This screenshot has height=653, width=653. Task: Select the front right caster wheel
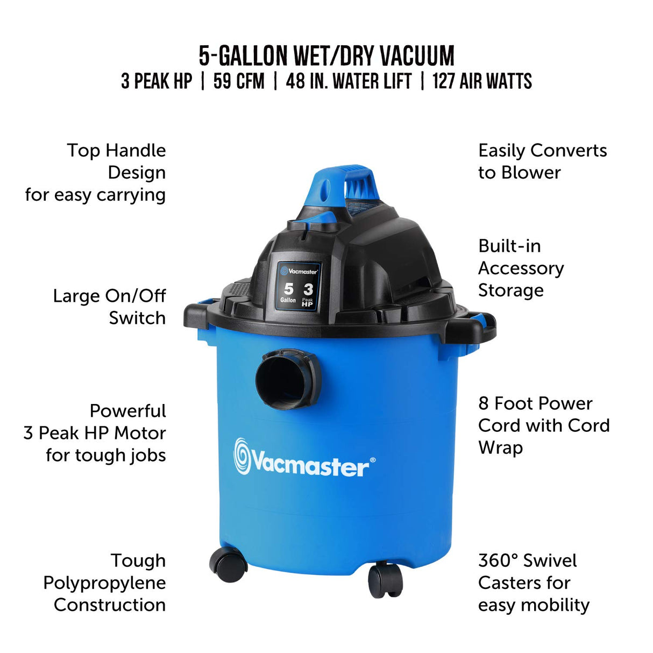click(x=385, y=580)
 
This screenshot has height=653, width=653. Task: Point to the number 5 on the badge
click(x=289, y=289)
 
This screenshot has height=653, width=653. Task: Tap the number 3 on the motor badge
click(x=308, y=289)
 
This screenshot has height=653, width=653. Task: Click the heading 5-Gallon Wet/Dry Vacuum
click(x=326, y=55)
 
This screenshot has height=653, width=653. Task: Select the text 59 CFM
click(x=239, y=81)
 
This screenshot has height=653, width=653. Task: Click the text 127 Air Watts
click(x=482, y=81)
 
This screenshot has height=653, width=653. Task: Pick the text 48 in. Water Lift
click(x=349, y=81)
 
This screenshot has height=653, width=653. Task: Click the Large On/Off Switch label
click(x=110, y=307)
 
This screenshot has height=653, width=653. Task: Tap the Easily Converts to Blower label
click(x=542, y=161)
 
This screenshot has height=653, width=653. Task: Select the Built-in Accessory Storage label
click(x=521, y=268)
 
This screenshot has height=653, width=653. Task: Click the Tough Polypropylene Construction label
click(x=105, y=583)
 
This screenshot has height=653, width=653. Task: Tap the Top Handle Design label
click(x=96, y=172)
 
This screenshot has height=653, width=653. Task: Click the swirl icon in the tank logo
click(x=242, y=457)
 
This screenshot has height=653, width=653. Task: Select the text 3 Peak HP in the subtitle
click(x=157, y=81)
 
